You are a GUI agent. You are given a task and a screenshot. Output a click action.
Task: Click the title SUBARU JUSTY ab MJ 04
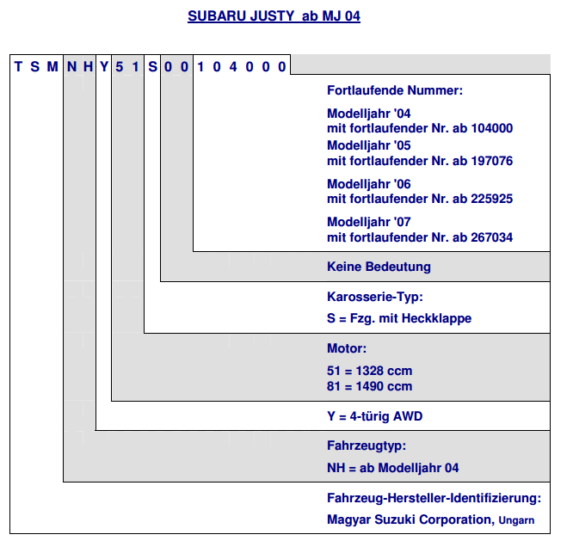click(274, 16)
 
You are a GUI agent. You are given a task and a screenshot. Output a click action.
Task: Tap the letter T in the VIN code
click(18, 67)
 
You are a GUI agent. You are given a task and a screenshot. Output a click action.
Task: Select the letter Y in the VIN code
click(104, 67)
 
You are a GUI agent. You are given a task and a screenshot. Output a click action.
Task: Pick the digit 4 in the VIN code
click(233, 67)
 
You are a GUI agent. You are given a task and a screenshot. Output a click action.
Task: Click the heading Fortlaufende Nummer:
click(395, 90)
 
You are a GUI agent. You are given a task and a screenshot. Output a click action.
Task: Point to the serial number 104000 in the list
click(492, 128)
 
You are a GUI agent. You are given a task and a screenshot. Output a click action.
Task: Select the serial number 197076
click(492, 161)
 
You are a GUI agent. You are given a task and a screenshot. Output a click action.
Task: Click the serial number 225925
click(492, 199)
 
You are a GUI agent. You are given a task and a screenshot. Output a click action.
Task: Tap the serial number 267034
click(492, 237)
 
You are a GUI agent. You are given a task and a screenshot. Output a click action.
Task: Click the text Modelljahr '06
click(369, 184)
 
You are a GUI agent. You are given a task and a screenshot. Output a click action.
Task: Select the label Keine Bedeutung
click(379, 267)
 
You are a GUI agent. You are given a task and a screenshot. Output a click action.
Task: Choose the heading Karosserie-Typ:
click(375, 297)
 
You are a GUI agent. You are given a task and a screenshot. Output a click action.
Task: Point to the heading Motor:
click(347, 348)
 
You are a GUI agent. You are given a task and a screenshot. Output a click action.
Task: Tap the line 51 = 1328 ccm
click(369, 371)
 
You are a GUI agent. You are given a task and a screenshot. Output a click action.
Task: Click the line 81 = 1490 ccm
click(369, 386)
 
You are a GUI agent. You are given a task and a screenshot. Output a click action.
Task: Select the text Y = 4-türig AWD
click(374, 416)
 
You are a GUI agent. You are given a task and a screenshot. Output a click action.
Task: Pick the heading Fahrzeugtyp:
click(367, 446)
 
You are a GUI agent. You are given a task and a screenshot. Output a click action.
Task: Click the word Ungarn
click(516, 520)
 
